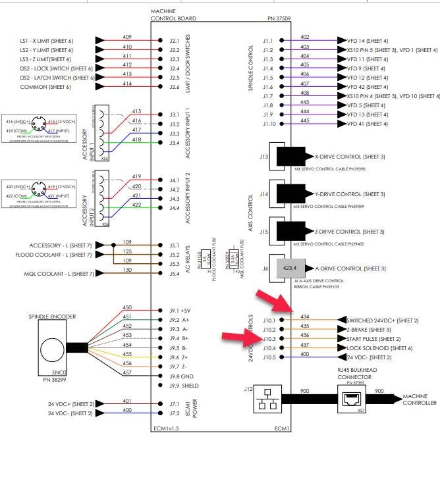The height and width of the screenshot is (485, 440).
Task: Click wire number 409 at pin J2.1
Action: [x=127, y=37]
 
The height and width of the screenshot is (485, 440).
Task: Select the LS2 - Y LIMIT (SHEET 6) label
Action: [x=55, y=49]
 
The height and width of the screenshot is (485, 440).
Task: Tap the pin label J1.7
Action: [x=267, y=96]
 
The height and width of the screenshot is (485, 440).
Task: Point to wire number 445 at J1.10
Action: [x=304, y=120]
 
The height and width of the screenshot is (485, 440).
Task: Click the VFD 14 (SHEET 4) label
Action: [x=367, y=39]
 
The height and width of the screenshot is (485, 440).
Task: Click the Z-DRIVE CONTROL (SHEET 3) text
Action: [x=350, y=231]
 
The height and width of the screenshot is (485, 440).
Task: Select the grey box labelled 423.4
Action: [x=290, y=268]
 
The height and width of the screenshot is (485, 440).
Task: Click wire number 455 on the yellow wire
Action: [x=127, y=354]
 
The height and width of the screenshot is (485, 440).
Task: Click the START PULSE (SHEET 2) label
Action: [x=373, y=339]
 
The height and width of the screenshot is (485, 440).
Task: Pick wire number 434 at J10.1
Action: [x=304, y=317]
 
